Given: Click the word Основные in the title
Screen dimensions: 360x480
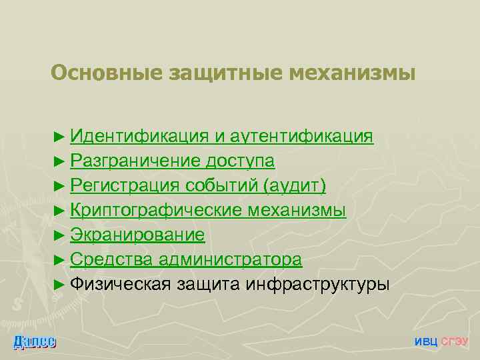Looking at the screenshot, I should pyautogui.click(x=100, y=73).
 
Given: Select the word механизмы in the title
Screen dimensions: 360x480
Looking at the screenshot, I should pyautogui.click(x=351, y=73).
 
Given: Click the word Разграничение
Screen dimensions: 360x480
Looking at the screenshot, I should pyautogui.click(x=136, y=161).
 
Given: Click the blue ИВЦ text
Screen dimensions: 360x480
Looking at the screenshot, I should pyautogui.click(x=427, y=341).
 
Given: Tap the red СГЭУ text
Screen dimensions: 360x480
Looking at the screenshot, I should pyautogui.click(x=456, y=341).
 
